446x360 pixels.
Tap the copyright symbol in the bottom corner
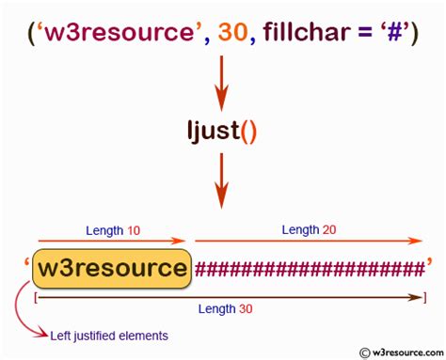tap(362, 352)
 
